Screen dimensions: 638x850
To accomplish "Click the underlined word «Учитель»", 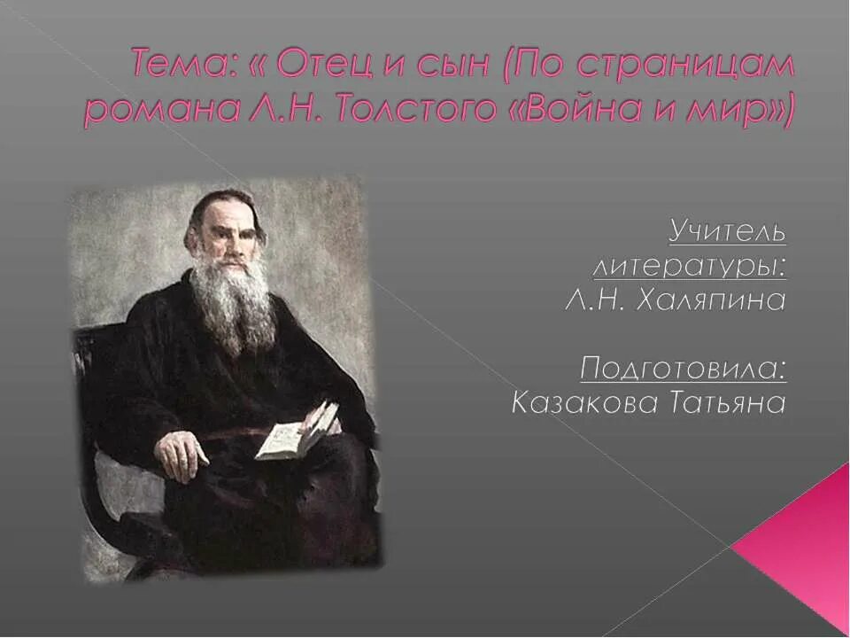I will (x=726, y=232).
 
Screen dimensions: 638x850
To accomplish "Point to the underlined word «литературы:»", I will (x=688, y=266).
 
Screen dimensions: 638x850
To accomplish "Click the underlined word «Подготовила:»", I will (x=683, y=368).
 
